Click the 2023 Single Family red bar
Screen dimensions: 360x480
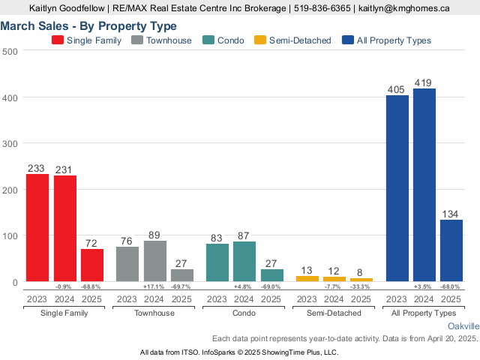[x=37, y=228]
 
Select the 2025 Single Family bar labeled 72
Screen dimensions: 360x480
[x=92, y=265]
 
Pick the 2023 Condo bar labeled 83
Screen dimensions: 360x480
[x=217, y=262]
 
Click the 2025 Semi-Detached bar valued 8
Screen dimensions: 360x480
[x=361, y=280]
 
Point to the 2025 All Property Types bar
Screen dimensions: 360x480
[x=451, y=250]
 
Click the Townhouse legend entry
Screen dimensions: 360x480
[x=161, y=40]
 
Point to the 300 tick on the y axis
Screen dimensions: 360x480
[x=10, y=143]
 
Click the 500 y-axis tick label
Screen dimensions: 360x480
[x=10, y=51]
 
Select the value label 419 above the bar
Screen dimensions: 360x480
[x=424, y=82]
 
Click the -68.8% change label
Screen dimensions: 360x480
[x=92, y=286]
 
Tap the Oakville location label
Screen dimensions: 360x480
[x=463, y=327]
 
